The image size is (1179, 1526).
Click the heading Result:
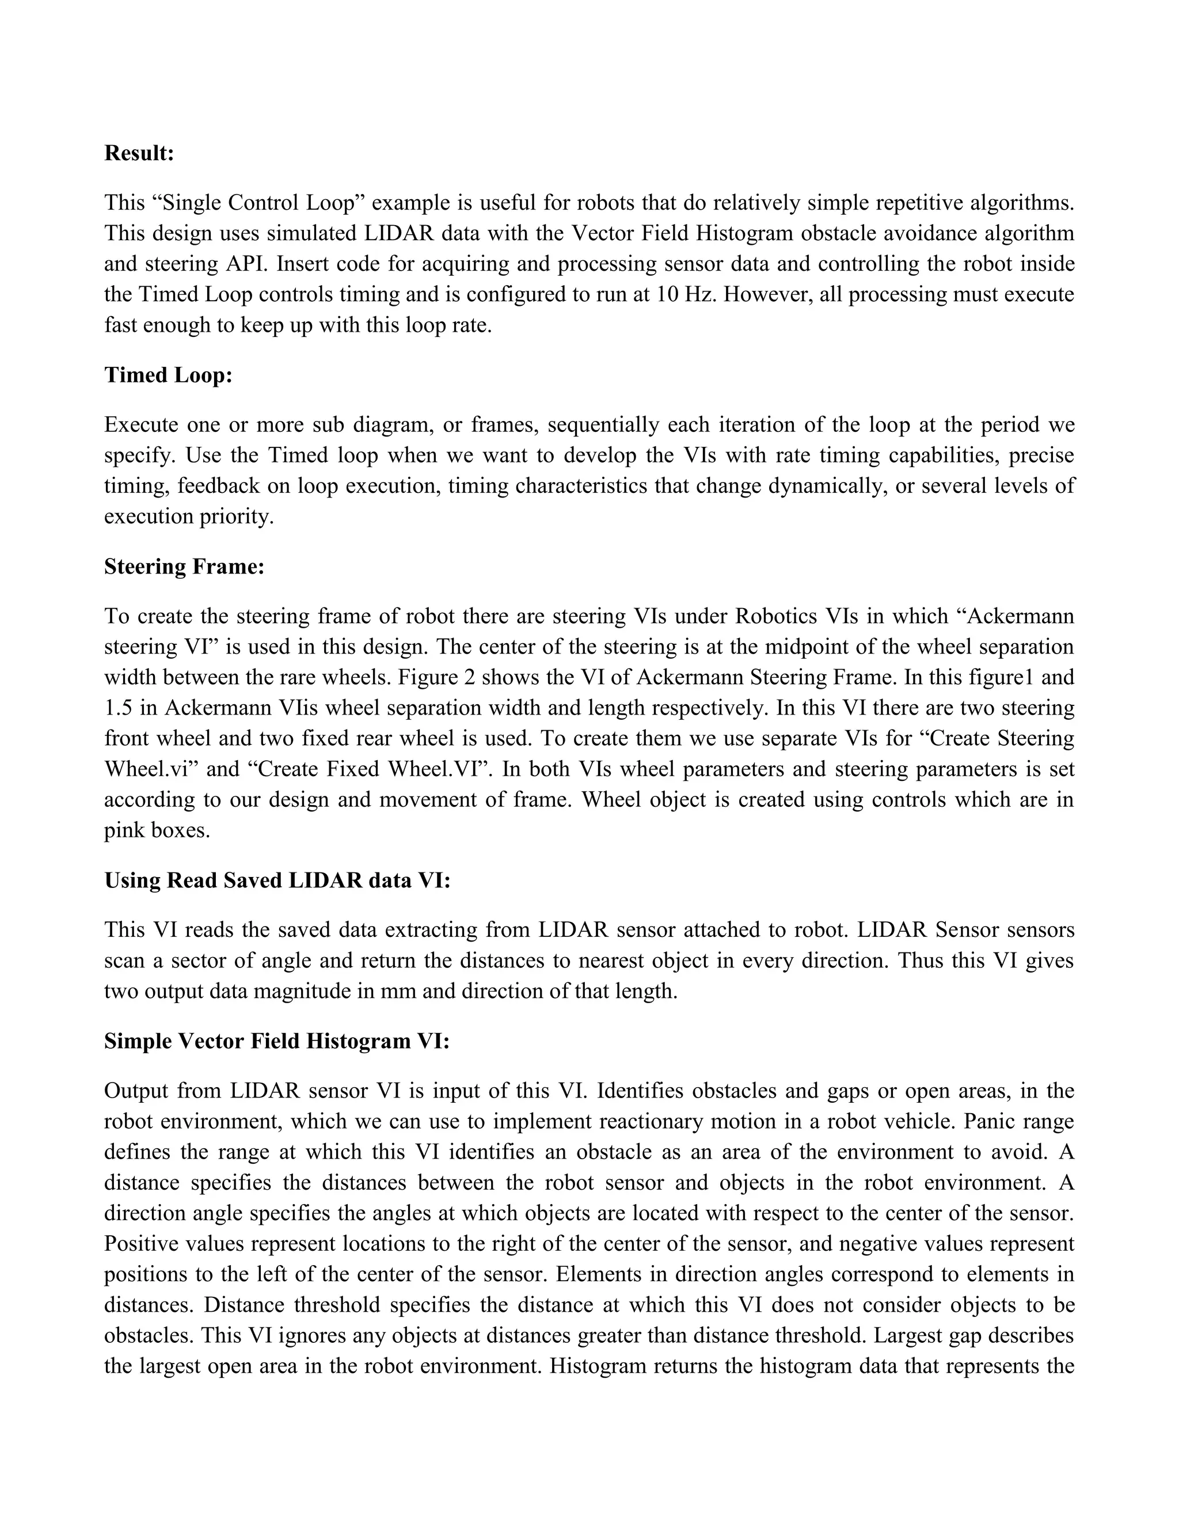(139, 153)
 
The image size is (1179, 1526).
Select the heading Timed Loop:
(168, 375)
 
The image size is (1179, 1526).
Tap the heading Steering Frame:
(184, 567)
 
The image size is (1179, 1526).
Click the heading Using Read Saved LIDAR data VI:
(277, 880)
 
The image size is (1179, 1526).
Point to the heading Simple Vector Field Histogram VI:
(276, 1041)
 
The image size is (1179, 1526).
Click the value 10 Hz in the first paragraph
(687, 295)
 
